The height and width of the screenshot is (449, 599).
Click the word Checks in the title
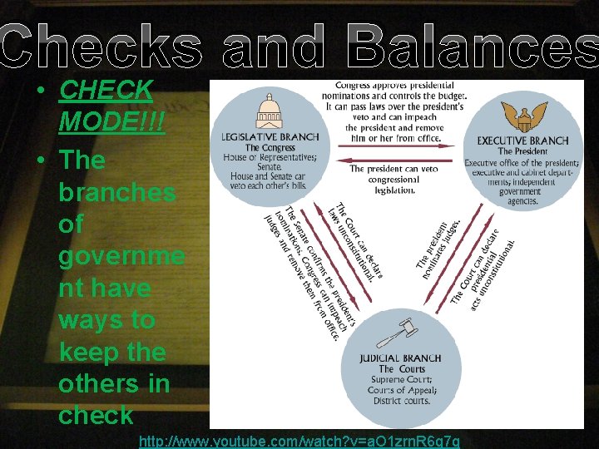(101, 47)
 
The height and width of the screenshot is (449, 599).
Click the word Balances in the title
(472, 47)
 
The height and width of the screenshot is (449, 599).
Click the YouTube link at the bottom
(299, 440)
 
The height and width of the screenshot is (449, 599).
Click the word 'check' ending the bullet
(96, 415)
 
